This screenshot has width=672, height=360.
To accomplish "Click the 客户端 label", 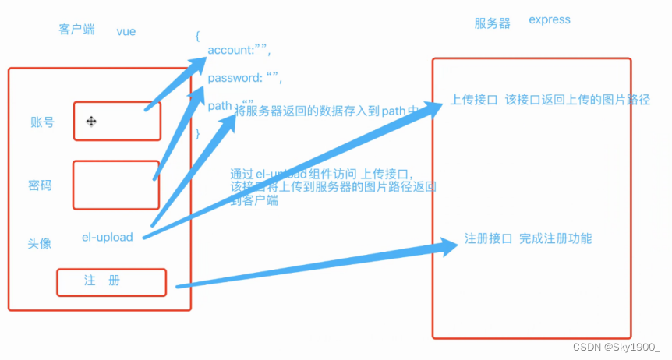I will [x=76, y=30].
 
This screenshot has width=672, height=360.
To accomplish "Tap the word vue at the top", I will [x=126, y=31].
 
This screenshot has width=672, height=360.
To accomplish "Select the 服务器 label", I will [x=492, y=23].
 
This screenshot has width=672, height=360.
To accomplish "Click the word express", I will [x=549, y=19].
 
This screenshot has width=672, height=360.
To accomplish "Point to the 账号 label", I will [x=42, y=122].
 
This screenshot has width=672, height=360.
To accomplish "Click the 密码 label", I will [x=40, y=185].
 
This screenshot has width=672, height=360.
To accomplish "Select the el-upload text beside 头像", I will [x=107, y=237].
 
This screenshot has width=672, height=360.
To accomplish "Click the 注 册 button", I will [x=111, y=282].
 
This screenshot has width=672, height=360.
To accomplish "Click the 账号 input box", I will [x=117, y=121].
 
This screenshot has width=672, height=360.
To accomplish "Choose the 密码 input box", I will [x=115, y=185].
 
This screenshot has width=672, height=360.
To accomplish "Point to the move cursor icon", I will [x=91, y=121].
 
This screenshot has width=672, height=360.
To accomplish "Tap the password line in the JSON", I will [x=244, y=78].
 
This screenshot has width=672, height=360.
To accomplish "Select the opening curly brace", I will [x=197, y=36].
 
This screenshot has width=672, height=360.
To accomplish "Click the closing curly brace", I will [x=197, y=133].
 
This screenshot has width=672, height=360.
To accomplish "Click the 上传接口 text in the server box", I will [x=474, y=101].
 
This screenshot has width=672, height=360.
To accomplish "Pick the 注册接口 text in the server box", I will [x=488, y=238].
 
